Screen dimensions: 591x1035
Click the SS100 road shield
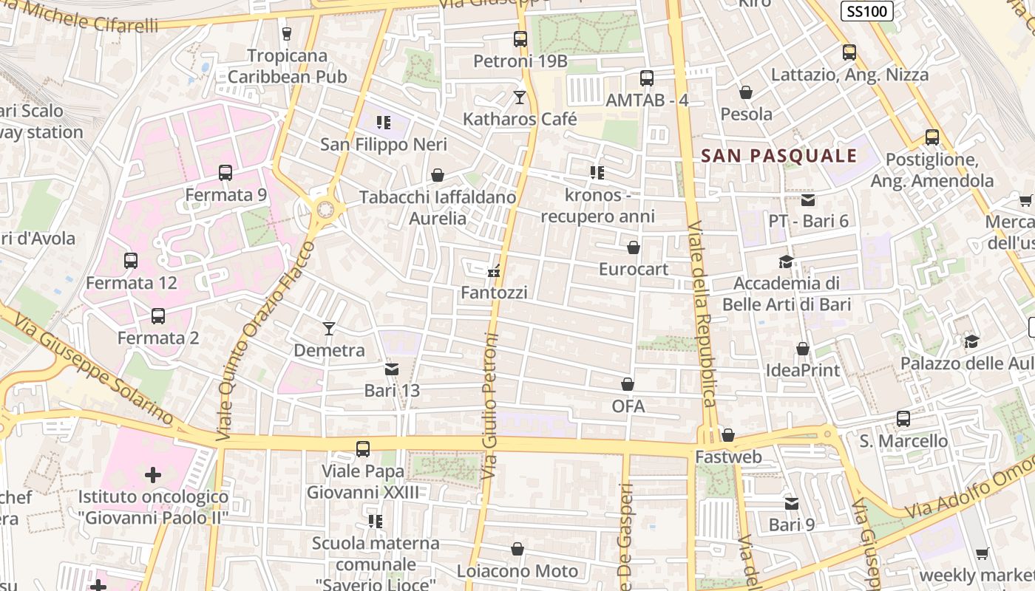(x=867, y=11)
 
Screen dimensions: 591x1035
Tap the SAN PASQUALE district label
(x=778, y=156)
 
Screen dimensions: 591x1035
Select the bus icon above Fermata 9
(x=225, y=173)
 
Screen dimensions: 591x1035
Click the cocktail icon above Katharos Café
(x=520, y=97)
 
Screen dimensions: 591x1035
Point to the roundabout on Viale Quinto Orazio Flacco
(x=325, y=210)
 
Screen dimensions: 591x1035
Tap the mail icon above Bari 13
(x=391, y=369)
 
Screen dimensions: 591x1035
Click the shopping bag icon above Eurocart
(x=634, y=247)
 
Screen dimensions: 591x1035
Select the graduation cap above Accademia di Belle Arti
(x=786, y=262)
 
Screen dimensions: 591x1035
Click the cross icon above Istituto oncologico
(x=153, y=474)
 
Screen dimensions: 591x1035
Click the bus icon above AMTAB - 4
(x=647, y=78)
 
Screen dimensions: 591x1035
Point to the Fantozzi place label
(x=494, y=293)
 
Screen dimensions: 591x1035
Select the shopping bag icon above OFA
(x=628, y=384)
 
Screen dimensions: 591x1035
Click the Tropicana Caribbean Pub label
(x=287, y=66)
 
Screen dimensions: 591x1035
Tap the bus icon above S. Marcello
(x=903, y=419)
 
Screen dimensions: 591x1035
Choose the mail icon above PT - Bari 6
(x=807, y=199)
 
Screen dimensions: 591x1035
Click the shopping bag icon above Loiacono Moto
(x=517, y=549)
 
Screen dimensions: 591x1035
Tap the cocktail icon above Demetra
(x=329, y=328)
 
